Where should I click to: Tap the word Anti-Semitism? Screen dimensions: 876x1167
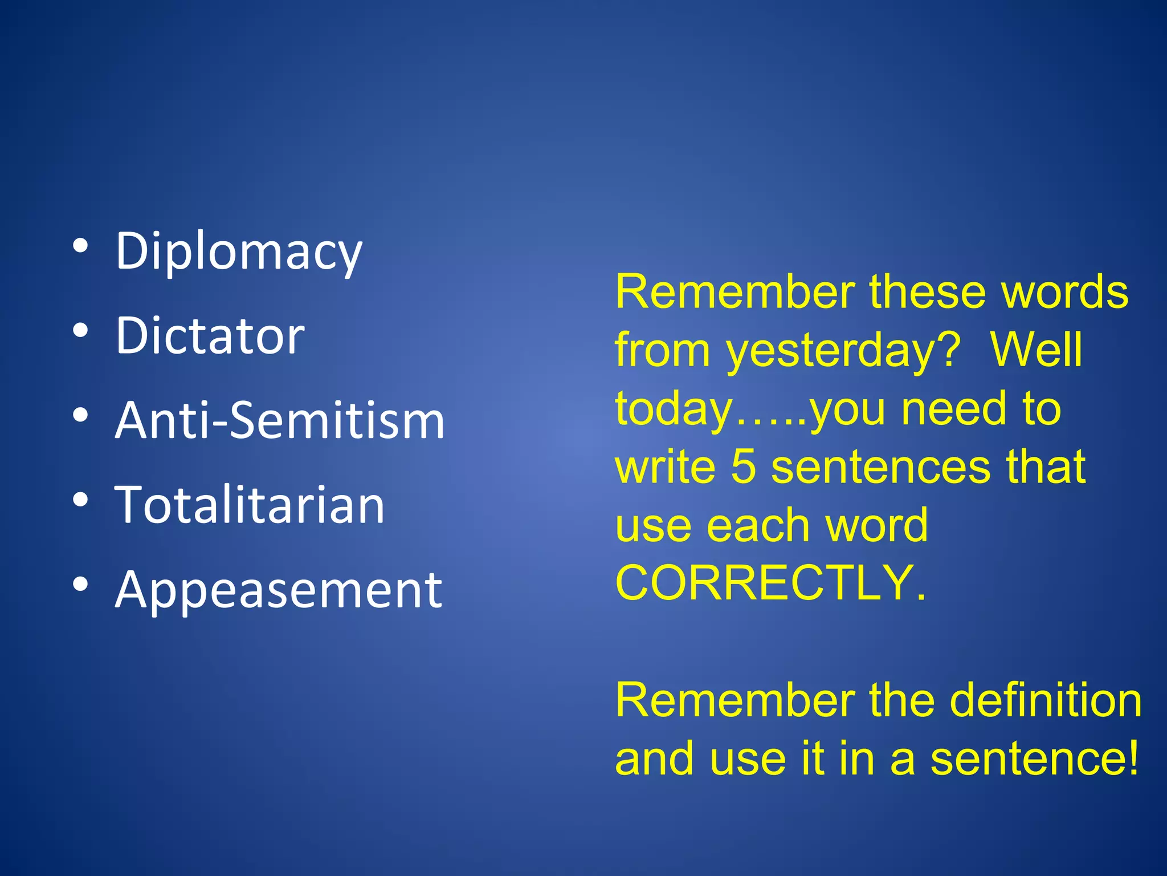click(279, 420)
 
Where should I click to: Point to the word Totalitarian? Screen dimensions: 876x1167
click(250, 505)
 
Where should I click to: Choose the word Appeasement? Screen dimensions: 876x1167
click(278, 590)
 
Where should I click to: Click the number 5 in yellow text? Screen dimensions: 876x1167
click(743, 467)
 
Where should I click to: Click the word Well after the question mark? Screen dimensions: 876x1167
click(1036, 349)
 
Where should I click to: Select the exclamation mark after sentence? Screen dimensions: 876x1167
click(1133, 759)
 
